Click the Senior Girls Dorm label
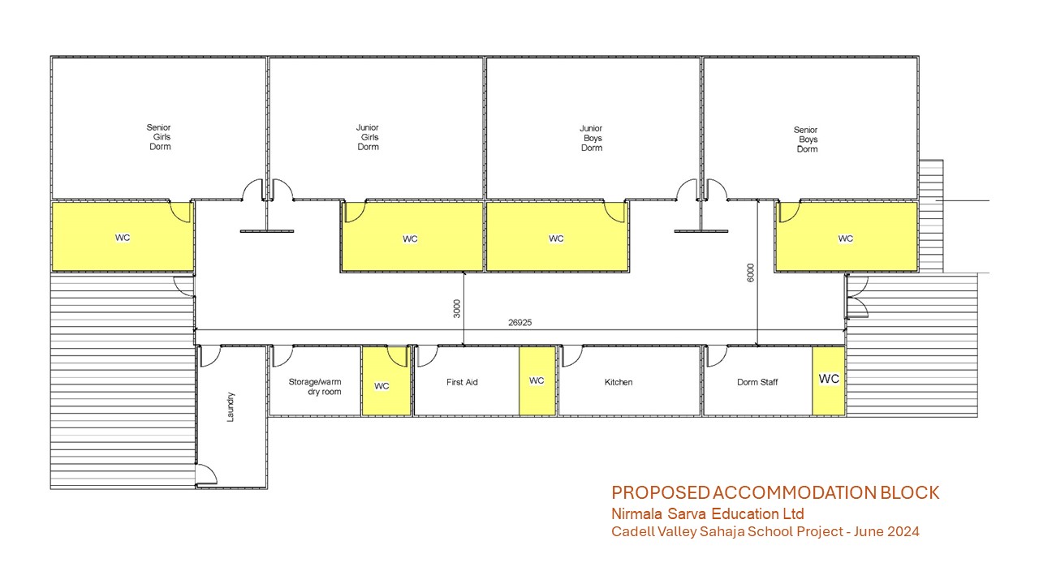(159, 137)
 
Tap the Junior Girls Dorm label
(368, 137)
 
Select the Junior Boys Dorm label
(592, 138)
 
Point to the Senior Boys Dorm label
(806, 140)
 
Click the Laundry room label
(231, 407)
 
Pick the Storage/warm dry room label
(315, 387)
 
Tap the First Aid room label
(462, 382)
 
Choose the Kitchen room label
(619, 382)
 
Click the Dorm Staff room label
(757, 382)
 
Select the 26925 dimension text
(520, 323)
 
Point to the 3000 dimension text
(457, 309)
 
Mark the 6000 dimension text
(751, 273)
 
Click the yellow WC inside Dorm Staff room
(829, 381)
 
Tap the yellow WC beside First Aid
(537, 381)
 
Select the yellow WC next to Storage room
(386, 381)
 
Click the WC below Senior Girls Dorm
(123, 236)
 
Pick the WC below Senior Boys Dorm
(847, 236)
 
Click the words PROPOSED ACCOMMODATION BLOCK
(775, 492)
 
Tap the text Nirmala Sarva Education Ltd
(708, 514)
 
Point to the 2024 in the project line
(903, 531)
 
